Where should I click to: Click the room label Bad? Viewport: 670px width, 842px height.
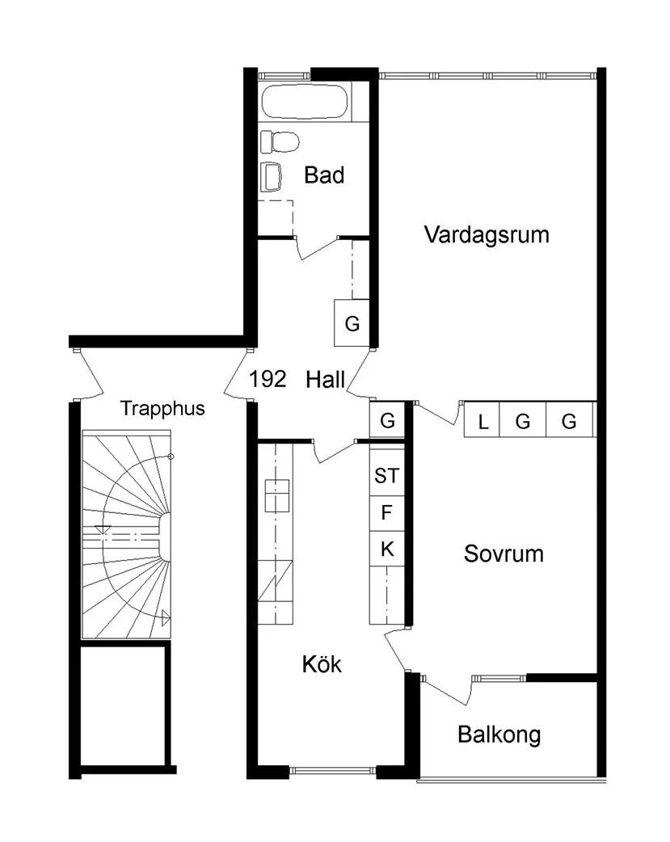click(x=324, y=175)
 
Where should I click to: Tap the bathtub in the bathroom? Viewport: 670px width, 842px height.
click(x=306, y=103)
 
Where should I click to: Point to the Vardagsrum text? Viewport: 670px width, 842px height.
click(x=486, y=235)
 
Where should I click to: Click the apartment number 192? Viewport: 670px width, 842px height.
click(x=268, y=379)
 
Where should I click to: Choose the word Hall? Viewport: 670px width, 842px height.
click(x=326, y=380)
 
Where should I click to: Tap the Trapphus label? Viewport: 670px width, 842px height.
click(x=162, y=409)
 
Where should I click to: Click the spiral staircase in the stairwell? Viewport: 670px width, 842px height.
click(x=128, y=535)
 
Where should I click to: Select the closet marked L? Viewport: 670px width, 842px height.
click(x=482, y=421)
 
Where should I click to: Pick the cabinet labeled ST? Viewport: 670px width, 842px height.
click(x=386, y=476)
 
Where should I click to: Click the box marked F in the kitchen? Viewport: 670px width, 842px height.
click(x=386, y=512)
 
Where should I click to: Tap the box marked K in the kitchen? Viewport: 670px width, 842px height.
click(x=386, y=549)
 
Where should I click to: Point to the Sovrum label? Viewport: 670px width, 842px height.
click(x=504, y=554)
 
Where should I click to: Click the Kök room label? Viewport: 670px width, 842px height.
click(x=322, y=665)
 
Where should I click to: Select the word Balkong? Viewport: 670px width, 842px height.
click(x=499, y=735)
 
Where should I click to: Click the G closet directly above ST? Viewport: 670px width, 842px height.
click(x=387, y=421)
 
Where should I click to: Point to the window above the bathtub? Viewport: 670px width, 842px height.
click(x=284, y=76)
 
